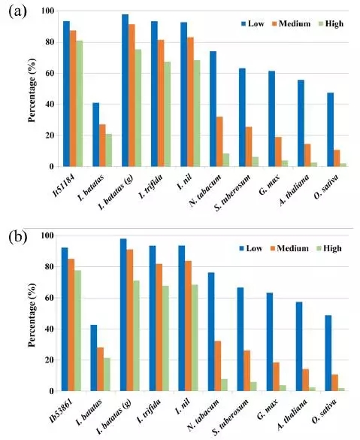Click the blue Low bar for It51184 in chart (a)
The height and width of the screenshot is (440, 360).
pos(66,94)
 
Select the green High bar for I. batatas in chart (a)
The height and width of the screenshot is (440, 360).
pos(108,150)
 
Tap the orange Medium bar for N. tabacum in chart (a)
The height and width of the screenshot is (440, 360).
pos(219,141)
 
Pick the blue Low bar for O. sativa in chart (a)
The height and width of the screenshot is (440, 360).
pos(331,129)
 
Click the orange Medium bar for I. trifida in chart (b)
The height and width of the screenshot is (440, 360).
pos(159,327)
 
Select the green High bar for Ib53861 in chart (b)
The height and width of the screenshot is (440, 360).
pos(77,330)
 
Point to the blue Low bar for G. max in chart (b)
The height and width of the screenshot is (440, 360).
pos(270,341)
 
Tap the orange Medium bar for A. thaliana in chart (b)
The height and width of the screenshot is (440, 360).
pos(305,380)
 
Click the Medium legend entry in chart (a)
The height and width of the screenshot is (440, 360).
pos(291,23)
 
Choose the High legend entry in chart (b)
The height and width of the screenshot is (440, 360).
pos(329,248)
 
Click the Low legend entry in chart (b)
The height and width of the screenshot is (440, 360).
pos(251,248)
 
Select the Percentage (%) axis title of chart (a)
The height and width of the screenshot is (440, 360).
pos(32,90)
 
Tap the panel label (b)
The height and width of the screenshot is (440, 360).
pos(18,237)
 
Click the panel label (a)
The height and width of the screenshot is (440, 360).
pos(17,12)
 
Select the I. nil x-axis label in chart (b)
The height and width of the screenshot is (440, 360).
pos(183,407)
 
